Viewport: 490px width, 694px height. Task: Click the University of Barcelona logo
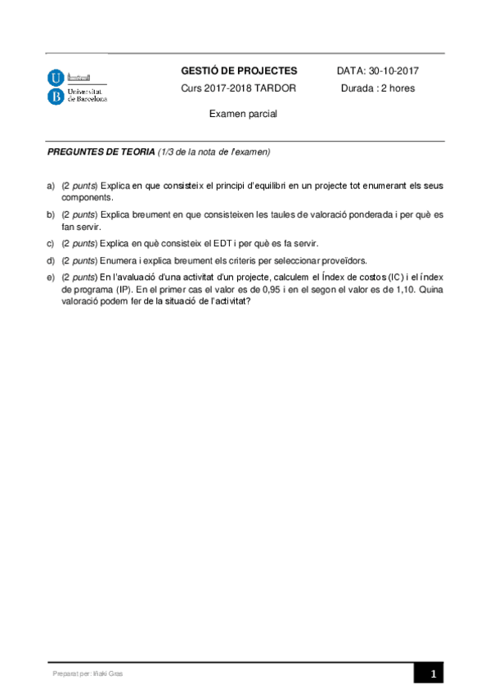tap(77, 86)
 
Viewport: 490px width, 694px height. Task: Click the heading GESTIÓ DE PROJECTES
tap(239, 71)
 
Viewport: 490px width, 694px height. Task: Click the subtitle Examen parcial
tap(243, 114)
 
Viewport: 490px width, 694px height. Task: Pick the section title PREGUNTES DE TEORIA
tap(101, 152)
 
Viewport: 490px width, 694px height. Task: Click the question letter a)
tap(51, 187)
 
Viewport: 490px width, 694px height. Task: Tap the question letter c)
tap(51, 243)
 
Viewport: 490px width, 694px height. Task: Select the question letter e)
tap(51, 277)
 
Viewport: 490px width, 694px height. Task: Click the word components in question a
tap(87, 197)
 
